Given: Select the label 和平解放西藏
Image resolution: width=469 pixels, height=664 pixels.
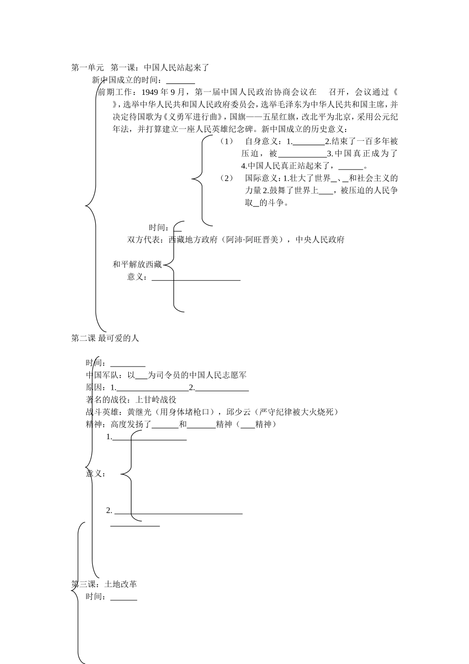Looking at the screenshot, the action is coord(137,264).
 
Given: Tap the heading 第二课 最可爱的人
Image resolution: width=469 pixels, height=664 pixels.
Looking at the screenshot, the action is coord(105,338).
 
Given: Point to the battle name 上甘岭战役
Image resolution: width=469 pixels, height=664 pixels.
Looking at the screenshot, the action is coord(156,399).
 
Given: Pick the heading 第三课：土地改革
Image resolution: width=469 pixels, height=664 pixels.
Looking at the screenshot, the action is coord(104,584).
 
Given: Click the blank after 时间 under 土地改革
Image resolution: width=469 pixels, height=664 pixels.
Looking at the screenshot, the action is coord(124,597).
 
